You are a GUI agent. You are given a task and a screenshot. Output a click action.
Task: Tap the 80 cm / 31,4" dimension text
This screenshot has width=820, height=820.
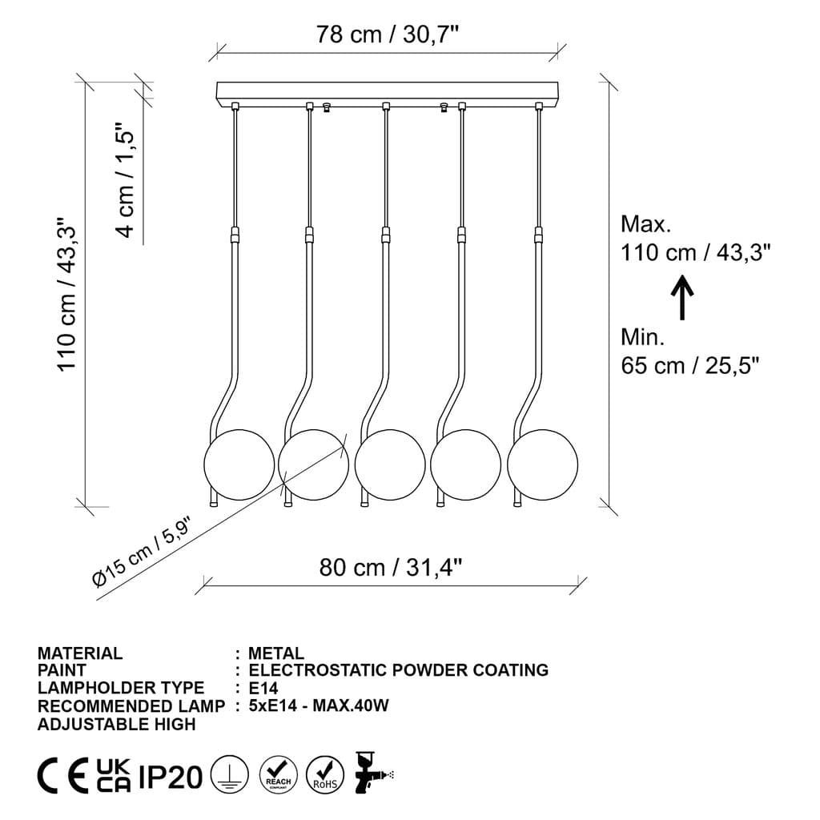coord(391,568)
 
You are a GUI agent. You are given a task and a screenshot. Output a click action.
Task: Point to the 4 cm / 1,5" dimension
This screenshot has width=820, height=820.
coord(127,180)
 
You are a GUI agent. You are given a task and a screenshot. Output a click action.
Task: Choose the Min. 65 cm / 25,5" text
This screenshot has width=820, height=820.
coord(689,352)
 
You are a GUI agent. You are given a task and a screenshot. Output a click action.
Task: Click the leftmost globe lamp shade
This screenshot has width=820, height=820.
coord(239,465)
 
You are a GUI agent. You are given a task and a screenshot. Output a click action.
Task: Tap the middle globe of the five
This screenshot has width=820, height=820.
coord(390,465)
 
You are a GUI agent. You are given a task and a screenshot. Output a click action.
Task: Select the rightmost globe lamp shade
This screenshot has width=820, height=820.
coord(541,465)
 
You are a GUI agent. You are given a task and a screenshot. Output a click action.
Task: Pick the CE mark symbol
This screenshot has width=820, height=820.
coord(63,775)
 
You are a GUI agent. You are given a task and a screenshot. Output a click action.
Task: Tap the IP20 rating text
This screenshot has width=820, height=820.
coord(171,776)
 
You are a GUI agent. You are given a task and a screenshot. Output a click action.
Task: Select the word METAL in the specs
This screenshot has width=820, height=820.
coord(276,653)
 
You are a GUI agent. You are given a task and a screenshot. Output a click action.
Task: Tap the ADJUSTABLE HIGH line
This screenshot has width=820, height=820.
coord(116,724)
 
